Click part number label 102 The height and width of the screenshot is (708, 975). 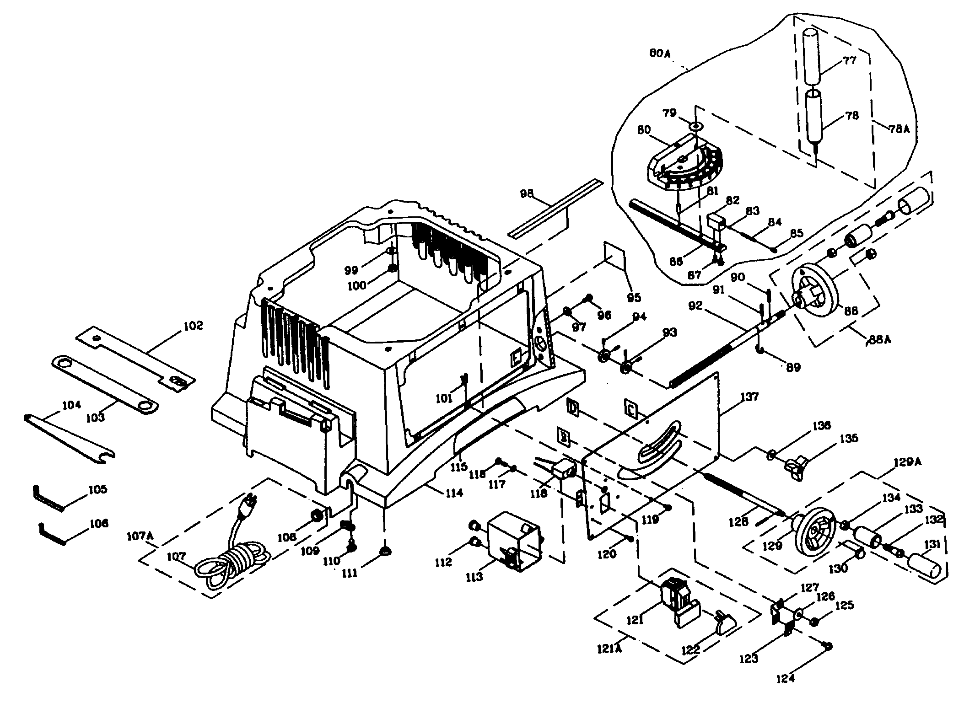click(x=193, y=326)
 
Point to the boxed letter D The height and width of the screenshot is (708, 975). click(x=573, y=407)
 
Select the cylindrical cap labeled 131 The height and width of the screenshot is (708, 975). click(x=924, y=567)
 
